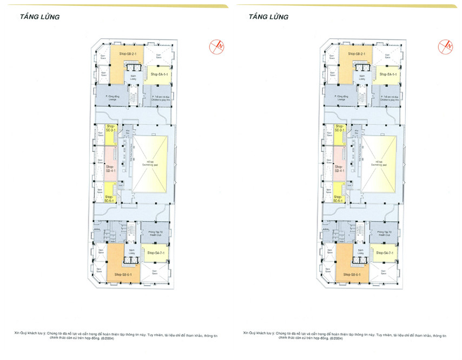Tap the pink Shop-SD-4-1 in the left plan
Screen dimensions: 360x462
tap(111, 169)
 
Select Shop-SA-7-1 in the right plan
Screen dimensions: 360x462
tap(385, 253)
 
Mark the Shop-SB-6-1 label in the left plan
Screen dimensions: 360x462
tap(124, 275)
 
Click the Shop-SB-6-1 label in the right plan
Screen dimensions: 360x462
tap(353, 275)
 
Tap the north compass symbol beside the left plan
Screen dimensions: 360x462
tap(217, 47)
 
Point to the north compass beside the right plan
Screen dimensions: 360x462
tap(446, 47)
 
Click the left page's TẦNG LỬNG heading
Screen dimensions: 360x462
tap(39, 17)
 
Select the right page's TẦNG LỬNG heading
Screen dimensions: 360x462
tap(268, 17)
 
